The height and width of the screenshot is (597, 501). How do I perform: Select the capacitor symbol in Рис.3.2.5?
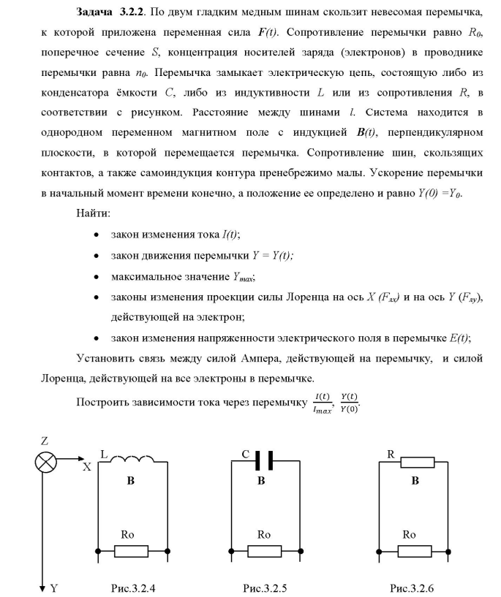tap(264, 460)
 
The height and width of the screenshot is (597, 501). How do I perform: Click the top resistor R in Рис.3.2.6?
tap(414, 461)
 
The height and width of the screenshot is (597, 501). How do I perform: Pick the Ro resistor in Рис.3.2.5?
tap(264, 550)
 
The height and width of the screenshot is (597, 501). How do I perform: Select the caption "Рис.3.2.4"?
tap(132, 588)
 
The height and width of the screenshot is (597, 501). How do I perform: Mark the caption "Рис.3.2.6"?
tap(415, 588)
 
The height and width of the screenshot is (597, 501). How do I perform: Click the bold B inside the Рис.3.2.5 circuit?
tap(261, 482)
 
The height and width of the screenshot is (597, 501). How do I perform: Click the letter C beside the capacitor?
tap(246, 454)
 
